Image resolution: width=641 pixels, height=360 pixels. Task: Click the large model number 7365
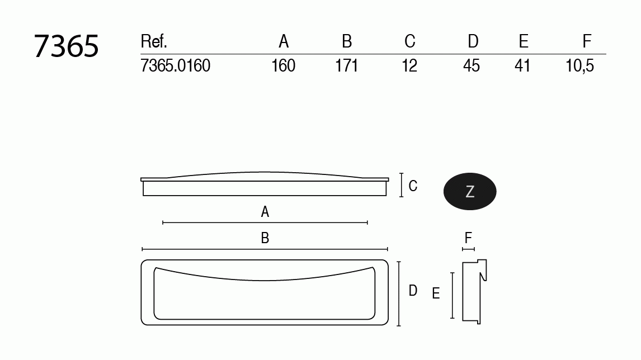66,46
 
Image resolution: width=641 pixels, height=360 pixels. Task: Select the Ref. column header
154,41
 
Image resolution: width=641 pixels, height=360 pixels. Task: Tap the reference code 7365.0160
176,66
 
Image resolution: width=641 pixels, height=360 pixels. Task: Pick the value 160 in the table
283,66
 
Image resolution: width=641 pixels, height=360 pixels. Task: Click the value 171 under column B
347,66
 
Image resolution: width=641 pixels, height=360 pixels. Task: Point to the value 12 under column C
409,66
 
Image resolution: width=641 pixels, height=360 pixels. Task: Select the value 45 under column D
472,66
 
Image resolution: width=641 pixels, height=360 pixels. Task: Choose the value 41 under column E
522,66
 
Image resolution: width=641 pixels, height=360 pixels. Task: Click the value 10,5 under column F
579,66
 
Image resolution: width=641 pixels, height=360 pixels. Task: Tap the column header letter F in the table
587,41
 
